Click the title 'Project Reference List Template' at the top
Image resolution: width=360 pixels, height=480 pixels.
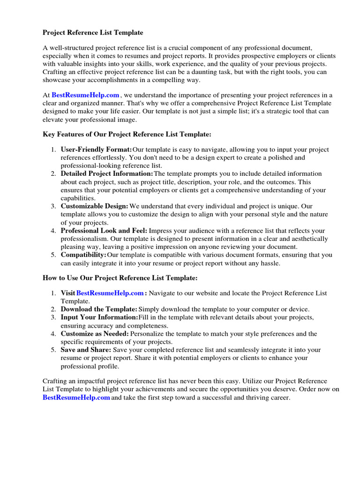(93, 32)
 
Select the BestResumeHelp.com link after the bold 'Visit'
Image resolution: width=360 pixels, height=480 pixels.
(110, 293)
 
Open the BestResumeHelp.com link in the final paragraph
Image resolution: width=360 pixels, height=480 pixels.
(76, 397)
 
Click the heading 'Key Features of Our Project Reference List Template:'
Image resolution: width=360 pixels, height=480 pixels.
(127, 134)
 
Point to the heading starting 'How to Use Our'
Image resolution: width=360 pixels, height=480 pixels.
(120, 277)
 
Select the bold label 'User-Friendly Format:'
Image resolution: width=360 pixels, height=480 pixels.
(96, 150)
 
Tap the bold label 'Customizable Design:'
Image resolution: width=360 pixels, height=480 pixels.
(94, 206)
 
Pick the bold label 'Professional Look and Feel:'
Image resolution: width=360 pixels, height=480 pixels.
(104, 231)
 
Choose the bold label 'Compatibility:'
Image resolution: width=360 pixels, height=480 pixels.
(83, 255)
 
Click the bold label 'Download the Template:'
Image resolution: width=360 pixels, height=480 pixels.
(99, 309)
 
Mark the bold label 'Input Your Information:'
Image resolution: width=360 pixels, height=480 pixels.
(99, 317)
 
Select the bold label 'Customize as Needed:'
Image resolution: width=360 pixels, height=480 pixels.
(95, 333)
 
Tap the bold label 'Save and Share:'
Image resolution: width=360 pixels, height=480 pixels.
(86, 350)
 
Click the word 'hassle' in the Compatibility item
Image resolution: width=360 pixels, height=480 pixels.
(269, 263)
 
